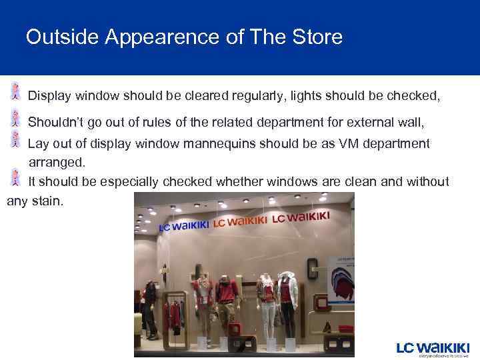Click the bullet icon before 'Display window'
point(15,92)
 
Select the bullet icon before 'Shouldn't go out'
point(15,118)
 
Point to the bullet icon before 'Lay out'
point(15,139)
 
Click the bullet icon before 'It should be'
point(15,177)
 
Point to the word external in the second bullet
point(365,122)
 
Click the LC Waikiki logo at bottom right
point(433,349)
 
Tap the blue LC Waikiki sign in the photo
point(183,225)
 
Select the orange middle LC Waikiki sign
point(239,221)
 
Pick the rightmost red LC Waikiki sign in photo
point(300,217)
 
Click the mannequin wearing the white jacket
point(287,300)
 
